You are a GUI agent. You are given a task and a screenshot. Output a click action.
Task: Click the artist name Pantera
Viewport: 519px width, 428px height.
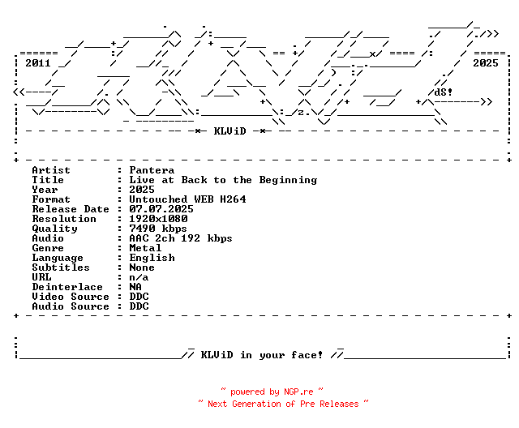point(152,170)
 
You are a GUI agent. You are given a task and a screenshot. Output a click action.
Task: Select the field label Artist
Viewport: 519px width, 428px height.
point(51,170)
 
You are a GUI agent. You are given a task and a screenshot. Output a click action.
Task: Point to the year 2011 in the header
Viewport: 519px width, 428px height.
point(38,62)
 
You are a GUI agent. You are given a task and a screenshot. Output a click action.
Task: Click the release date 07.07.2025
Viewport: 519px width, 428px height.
point(161,209)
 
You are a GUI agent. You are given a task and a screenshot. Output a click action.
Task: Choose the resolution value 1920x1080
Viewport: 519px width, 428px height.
point(158,219)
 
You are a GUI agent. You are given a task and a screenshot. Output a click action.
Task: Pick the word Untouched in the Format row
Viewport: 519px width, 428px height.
point(158,199)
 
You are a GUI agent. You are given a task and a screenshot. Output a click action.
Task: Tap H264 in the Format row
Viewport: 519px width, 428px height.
point(233,199)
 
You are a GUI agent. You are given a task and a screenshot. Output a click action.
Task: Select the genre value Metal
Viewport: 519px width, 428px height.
point(145,248)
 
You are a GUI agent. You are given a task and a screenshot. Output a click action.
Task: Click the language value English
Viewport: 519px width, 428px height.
point(152,258)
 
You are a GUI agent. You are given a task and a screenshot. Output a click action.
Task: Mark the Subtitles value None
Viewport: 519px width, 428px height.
point(142,267)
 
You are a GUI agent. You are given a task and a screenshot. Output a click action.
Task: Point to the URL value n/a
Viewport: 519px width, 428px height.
point(139,277)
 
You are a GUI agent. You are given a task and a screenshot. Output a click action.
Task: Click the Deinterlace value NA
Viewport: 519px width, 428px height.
point(135,287)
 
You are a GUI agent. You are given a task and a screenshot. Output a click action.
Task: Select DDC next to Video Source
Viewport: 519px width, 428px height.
point(139,297)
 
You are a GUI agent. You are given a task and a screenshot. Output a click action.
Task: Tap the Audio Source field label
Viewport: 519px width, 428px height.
point(71,306)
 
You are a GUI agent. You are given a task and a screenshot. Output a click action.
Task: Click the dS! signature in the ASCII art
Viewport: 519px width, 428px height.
point(444,92)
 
